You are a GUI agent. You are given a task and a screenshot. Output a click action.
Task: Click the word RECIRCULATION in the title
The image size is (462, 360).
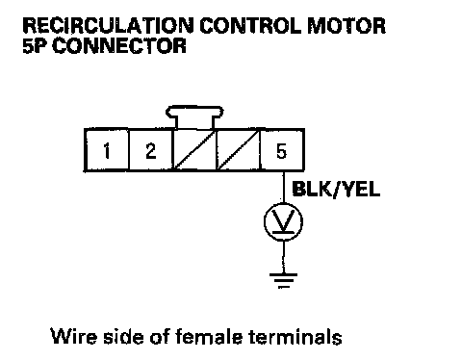(108, 26)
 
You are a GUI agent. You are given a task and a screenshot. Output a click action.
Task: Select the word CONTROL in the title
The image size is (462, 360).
(250, 26)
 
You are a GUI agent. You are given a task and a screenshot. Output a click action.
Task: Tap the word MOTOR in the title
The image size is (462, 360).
(346, 26)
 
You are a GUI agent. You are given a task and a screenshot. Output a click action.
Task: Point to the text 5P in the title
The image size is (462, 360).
(35, 45)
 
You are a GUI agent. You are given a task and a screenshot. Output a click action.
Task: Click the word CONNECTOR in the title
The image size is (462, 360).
(119, 45)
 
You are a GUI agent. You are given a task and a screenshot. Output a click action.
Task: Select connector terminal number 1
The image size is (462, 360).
(107, 150)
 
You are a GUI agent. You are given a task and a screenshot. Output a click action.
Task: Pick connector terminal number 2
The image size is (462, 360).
(151, 150)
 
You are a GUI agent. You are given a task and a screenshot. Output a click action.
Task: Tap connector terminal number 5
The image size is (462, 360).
(281, 150)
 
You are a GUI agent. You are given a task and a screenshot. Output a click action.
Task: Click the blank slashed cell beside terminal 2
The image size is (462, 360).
(194, 150)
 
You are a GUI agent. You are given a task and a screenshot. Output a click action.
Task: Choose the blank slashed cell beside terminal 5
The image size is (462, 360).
(239, 150)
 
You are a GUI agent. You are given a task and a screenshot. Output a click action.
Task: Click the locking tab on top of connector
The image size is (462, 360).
(194, 116)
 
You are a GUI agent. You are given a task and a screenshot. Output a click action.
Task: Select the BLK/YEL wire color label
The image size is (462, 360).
(336, 189)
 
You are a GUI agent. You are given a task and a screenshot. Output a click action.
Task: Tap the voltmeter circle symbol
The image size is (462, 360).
(266, 221)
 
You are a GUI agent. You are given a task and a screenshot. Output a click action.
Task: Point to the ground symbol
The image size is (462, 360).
(283, 280)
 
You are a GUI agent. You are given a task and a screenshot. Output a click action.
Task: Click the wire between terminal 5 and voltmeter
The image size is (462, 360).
(283, 187)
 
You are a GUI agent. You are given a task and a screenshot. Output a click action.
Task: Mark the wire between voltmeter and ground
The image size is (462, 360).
(283, 257)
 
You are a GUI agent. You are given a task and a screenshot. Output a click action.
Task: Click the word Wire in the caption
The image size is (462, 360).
(73, 336)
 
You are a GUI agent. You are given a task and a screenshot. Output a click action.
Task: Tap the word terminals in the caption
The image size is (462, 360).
(295, 336)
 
